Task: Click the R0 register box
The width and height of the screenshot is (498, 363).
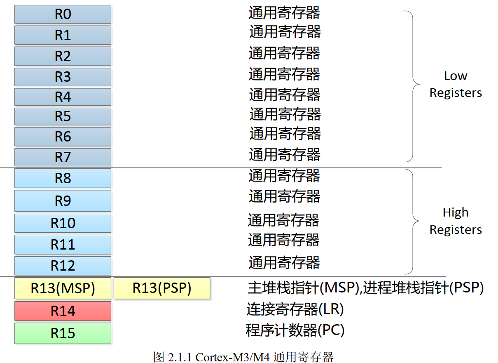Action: (63, 14)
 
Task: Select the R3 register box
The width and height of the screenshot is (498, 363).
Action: (63, 77)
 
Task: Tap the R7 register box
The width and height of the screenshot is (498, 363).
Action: (63, 157)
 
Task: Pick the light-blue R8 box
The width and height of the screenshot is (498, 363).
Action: (63, 178)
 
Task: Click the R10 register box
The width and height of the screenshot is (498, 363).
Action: (63, 223)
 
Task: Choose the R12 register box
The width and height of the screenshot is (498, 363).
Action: (63, 266)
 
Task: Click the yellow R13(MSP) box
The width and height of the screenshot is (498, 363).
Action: (63, 288)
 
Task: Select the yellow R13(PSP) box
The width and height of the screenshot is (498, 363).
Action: (162, 288)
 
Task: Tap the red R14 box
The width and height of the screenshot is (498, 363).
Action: (63, 311)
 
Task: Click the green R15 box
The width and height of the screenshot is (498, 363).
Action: (63, 333)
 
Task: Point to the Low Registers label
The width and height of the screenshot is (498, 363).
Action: (456, 84)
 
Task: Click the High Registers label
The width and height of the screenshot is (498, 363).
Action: (456, 221)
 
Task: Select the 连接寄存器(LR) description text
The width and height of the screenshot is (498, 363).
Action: (295, 309)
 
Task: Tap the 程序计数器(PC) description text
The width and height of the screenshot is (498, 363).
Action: (295, 330)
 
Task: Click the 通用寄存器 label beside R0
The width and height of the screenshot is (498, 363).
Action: (284, 13)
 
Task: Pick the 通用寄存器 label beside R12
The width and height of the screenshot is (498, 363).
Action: (284, 262)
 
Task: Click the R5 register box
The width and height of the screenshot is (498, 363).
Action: (63, 116)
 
